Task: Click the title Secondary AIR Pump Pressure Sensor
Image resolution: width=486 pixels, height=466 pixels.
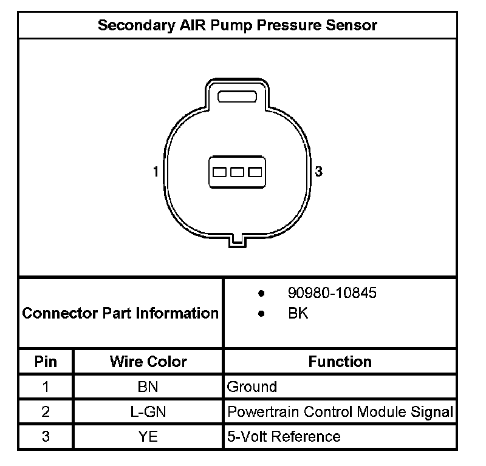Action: (x=238, y=25)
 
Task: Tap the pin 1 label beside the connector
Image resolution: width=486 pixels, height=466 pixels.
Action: (x=156, y=172)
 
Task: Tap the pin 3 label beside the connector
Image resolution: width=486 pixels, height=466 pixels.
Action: (x=319, y=172)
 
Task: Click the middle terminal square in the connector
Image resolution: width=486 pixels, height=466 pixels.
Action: (x=237, y=172)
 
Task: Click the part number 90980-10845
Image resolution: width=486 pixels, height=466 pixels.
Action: (x=332, y=293)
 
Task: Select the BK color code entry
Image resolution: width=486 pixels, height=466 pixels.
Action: (x=298, y=314)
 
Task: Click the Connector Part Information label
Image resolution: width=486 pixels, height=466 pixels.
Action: (x=120, y=314)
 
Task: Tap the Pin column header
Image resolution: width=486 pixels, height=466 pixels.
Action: (x=46, y=362)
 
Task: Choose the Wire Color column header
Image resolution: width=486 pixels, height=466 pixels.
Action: (x=148, y=362)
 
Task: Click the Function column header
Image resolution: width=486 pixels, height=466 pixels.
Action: (x=340, y=362)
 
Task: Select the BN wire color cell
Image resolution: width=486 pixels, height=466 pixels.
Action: (x=148, y=387)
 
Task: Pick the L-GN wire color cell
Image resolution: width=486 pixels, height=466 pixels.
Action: (x=148, y=412)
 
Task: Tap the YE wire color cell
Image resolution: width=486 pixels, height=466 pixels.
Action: (x=148, y=436)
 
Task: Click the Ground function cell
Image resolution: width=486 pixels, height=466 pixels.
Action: (x=252, y=387)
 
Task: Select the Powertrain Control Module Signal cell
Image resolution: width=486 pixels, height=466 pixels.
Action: (x=340, y=412)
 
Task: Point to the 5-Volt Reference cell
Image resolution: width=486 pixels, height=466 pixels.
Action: (x=283, y=436)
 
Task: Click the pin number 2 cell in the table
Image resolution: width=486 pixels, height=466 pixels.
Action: (x=46, y=412)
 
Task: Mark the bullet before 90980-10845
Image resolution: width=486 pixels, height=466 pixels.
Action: (x=261, y=294)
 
